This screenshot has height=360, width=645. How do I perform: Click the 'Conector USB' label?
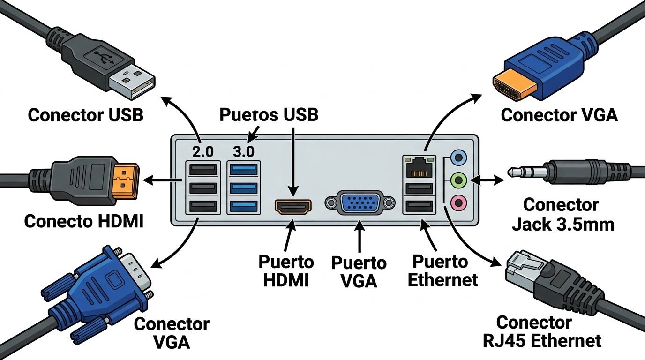tap(85, 115)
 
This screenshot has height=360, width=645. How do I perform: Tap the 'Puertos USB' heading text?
tap(269, 115)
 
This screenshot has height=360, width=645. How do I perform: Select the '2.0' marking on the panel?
tap(202, 151)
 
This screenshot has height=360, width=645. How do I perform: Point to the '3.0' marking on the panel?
tap(243, 151)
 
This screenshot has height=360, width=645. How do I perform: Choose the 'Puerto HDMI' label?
tap(286, 270)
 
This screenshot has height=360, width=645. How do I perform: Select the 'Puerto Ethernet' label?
tap(442, 270)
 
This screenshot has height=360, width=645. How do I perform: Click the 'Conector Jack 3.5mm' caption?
tap(562, 215)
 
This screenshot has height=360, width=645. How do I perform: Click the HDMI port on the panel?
tap(293, 206)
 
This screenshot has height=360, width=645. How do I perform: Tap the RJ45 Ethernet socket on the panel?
tap(420, 167)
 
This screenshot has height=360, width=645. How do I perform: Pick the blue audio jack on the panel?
tap(458, 157)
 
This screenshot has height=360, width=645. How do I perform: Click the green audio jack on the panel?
tap(458, 180)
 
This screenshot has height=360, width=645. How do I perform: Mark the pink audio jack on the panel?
tap(458, 203)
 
